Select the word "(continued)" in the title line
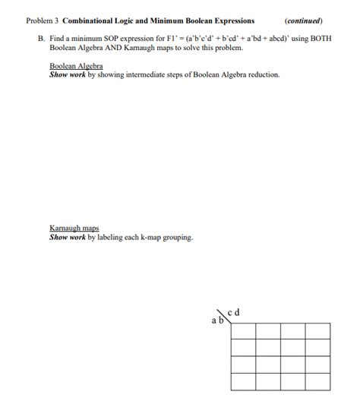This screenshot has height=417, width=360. pos(303,21)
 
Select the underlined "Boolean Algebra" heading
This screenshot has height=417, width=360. pos(76,66)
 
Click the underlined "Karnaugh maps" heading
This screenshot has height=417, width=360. pos(74,228)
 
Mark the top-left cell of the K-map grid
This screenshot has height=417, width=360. pos(242,331)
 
